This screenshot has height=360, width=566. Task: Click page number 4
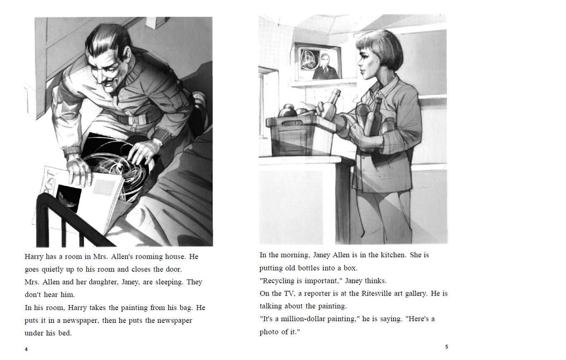[26, 349]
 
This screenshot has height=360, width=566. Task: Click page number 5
[447, 347]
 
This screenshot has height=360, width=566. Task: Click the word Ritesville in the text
[378, 294]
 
